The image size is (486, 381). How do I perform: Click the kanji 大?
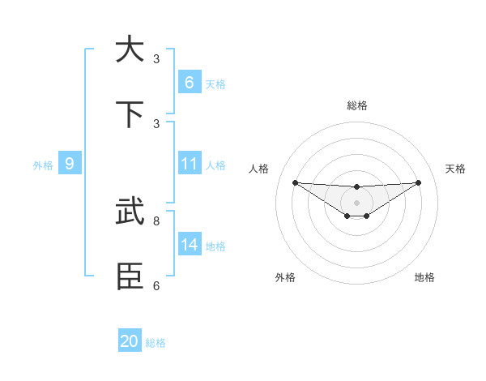click(129, 49)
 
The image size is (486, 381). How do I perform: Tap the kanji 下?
click(129, 114)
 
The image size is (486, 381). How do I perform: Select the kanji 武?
click(129, 212)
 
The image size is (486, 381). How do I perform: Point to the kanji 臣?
click(129, 276)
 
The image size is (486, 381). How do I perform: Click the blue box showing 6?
click(189, 83)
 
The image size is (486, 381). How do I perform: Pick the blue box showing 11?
click(189, 164)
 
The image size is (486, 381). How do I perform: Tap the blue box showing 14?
click(189, 245)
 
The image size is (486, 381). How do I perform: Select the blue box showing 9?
click(70, 164)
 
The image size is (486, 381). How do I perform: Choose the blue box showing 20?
click(129, 341)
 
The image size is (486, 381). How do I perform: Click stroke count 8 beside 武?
click(156, 220)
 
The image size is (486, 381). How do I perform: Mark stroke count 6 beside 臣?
click(156, 285)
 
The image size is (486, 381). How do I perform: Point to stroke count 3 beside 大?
click(156, 59)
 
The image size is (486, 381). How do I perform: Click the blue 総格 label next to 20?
click(156, 343)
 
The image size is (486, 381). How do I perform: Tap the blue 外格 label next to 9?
click(43, 165)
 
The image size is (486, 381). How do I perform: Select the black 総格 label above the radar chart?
click(356, 105)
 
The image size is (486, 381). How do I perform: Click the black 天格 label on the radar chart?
click(455, 169)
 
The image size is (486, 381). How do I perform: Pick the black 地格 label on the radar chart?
click(424, 277)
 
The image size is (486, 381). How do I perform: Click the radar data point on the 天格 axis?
click(418, 182)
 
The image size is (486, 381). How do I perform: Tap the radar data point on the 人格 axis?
click(295, 182)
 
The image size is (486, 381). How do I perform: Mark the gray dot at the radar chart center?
click(356, 202)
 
